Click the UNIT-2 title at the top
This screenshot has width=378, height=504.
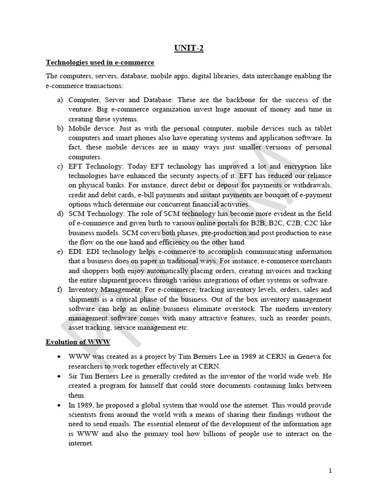coord(189,48)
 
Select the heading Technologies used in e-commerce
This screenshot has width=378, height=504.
coord(100,63)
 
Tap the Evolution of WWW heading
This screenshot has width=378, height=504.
coord(78,342)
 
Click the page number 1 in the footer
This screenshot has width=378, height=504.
coord(330,471)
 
